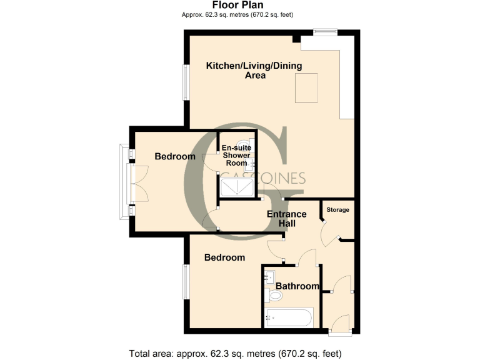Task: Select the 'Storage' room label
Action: pos(339,210)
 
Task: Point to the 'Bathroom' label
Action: pos(298,286)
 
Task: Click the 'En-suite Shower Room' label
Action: pos(237,155)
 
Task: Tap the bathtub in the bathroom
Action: pos(289,318)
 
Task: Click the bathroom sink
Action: pos(272,276)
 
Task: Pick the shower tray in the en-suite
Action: pos(237,186)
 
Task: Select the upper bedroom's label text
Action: pos(175,156)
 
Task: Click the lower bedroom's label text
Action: pos(225,257)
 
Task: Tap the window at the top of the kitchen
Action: pos(325,32)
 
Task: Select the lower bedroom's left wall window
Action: pos(185,282)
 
